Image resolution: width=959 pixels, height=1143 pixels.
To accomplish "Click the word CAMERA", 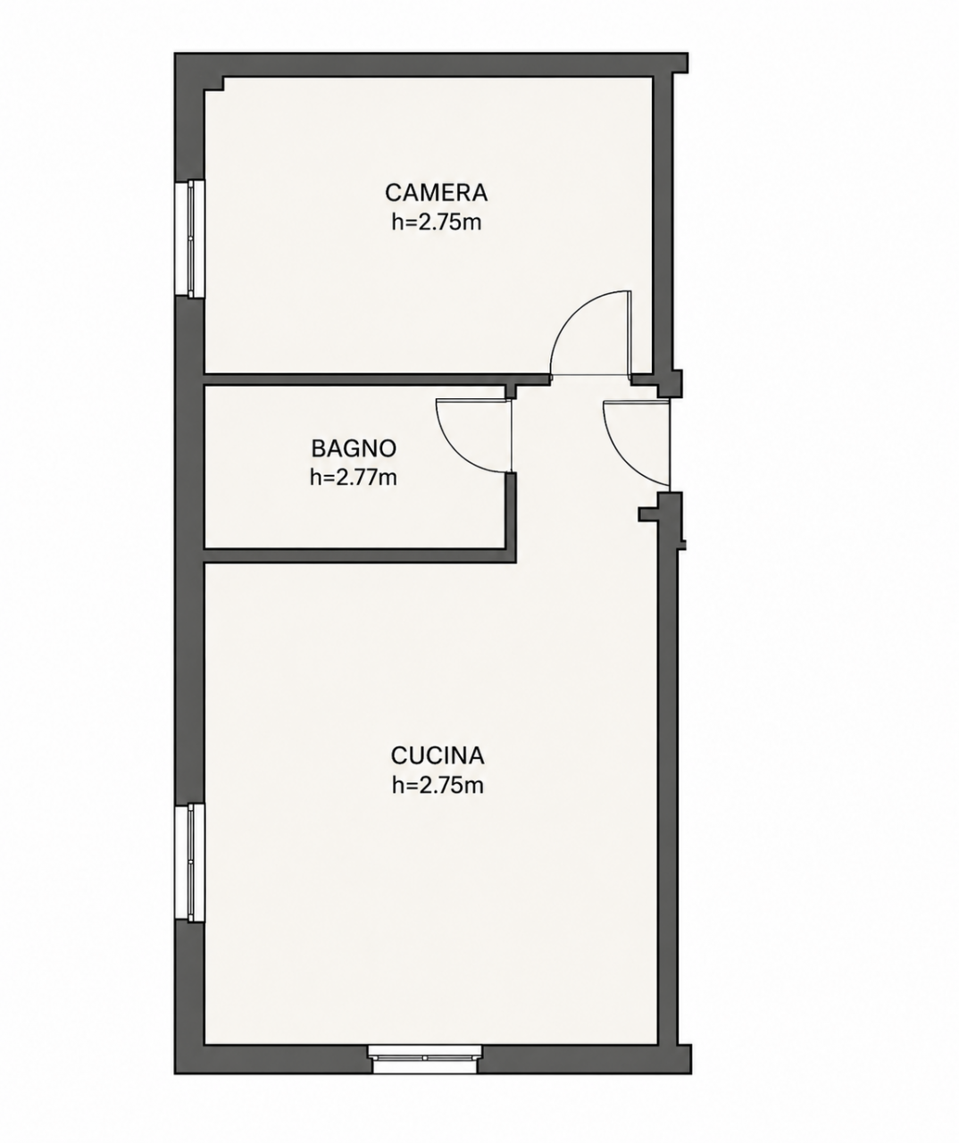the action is (x=437, y=193).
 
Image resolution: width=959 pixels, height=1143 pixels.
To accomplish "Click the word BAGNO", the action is (x=354, y=449).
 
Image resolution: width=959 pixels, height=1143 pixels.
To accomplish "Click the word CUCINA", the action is (x=438, y=756).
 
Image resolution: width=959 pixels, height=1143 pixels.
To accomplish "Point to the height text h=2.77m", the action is (x=354, y=478).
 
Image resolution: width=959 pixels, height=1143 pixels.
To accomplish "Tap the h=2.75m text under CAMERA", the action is (x=437, y=223).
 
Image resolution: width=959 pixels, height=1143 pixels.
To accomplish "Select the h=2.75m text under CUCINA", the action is (x=438, y=786).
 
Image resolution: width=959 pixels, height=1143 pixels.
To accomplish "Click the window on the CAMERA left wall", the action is (x=190, y=238).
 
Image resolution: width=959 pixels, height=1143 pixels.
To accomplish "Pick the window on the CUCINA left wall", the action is (x=190, y=863).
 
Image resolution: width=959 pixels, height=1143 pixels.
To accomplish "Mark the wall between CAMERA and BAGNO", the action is (x=377, y=380).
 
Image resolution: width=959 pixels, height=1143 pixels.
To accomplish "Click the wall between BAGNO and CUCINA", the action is (x=359, y=555).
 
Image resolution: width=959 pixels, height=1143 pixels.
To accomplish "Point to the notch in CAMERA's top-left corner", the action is (x=214, y=84).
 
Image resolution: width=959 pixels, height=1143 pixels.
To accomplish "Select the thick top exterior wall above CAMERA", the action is (x=430, y=64).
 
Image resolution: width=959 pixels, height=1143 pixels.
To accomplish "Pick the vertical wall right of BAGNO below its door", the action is (x=511, y=517).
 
